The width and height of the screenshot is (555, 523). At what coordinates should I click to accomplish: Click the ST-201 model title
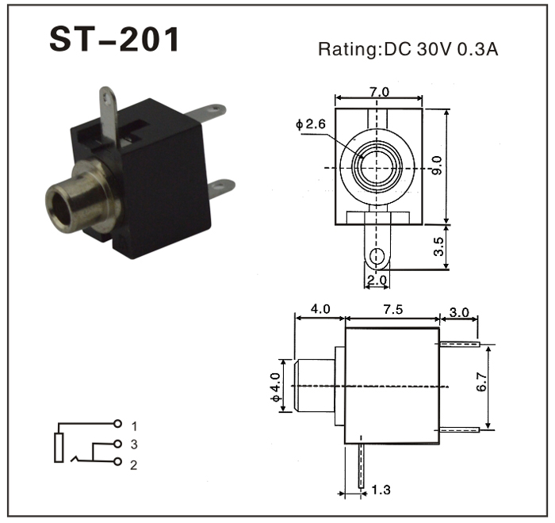click(x=114, y=39)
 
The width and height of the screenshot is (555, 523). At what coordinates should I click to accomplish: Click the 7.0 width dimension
click(x=379, y=92)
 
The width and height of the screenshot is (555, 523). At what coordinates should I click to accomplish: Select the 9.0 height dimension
click(x=438, y=166)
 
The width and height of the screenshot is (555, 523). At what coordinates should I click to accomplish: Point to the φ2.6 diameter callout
click(x=311, y=124)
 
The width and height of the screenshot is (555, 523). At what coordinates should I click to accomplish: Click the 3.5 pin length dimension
click(x=438, y=246)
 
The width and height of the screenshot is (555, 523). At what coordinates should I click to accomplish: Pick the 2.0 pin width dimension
click(x=377, y=280)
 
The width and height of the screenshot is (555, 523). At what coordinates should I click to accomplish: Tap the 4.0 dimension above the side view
click(x=320, y=309)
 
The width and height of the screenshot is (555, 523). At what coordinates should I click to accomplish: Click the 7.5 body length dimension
click(x=393, y=310)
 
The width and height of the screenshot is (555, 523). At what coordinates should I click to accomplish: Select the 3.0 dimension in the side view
click(x=459, y=312)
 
